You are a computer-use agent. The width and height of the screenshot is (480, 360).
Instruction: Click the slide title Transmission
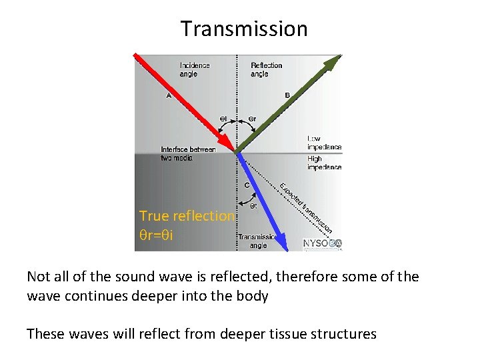click(244, 29)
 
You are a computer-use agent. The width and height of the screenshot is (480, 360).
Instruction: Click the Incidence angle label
click(195, 69)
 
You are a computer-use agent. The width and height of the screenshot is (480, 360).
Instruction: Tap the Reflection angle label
click(266, 69)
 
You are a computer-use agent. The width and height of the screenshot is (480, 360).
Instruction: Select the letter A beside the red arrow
click(169, 95)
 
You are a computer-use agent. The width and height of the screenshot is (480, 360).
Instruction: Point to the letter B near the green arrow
click(287, 95)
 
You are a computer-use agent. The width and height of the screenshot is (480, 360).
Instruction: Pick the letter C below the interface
click(247, 185)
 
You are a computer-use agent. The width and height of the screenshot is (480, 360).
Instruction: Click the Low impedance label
click(324, 143)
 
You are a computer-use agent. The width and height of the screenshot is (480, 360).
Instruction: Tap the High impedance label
click(324, 163)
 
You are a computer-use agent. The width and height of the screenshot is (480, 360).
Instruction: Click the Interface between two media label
click(188, 153)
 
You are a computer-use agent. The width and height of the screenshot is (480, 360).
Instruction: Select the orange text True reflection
click(187, 216)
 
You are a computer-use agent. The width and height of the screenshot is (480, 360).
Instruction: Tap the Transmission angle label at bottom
click(257, 241)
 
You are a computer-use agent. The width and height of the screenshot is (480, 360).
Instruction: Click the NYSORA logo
click(322, 244)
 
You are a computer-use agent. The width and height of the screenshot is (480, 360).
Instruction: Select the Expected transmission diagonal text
click(305, 207)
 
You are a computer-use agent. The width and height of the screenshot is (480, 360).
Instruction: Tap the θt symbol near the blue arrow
click(253, 206)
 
